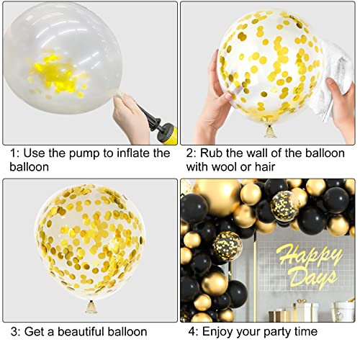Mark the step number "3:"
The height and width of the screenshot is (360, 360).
(x=16, y=332)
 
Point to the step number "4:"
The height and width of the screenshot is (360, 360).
(x=193, y=332)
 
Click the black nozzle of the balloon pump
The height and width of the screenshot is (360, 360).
(x=150, y=120)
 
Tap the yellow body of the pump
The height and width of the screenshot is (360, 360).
(x=170, y=134)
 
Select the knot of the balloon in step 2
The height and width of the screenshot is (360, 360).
(x=270, y=131)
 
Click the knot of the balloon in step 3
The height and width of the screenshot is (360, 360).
(x=91, y=307)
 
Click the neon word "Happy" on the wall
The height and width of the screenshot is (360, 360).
(x=309, y=255)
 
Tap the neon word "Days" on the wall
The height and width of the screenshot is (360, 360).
(x=312, y=279)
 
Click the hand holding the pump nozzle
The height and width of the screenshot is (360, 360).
(x=131, y=117)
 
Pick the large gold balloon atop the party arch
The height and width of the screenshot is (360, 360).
(x=218, y=197)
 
